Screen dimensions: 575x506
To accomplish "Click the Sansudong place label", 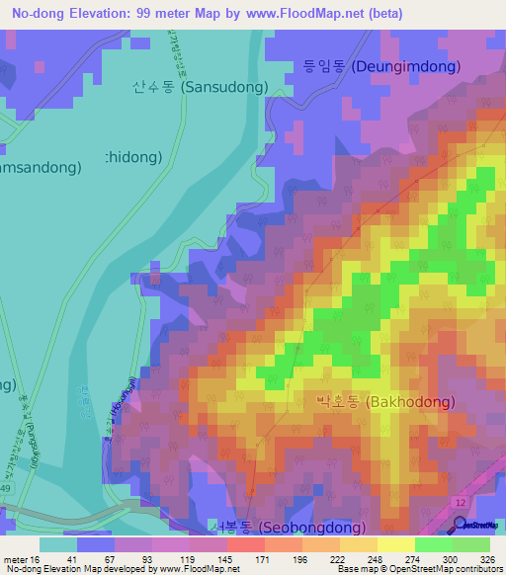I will [200, 87].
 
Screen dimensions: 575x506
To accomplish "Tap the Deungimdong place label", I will [380, 67].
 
